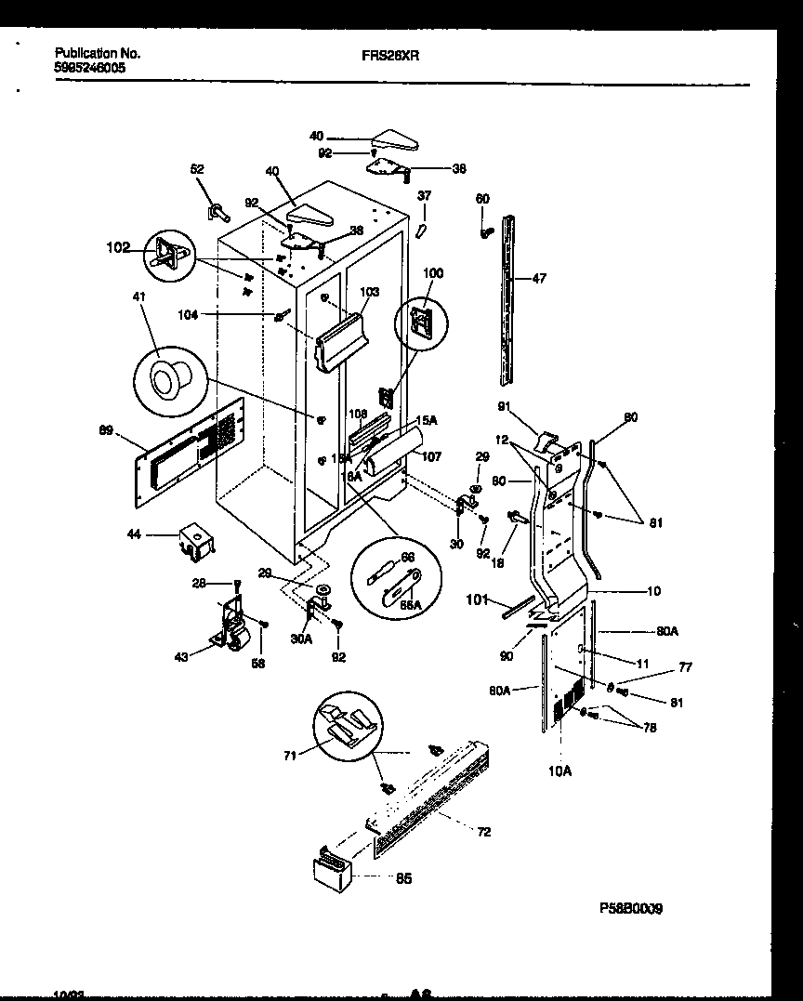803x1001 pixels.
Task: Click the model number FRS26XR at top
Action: tap(390, 55)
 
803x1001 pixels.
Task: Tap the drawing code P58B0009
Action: tap(631, 908)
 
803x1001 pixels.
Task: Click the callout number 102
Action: tap(119, 248)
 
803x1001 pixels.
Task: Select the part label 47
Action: tap(539, 277)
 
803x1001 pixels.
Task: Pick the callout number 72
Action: tap(483, 831)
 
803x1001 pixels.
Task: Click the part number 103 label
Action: tap(369, 292)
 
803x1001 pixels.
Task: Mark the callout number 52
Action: tap(197, 169)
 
